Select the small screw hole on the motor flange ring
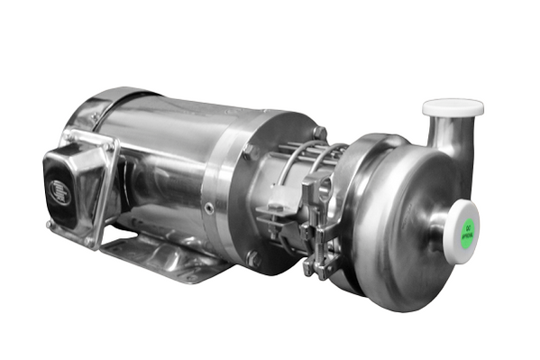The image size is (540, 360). tap(210, 208)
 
